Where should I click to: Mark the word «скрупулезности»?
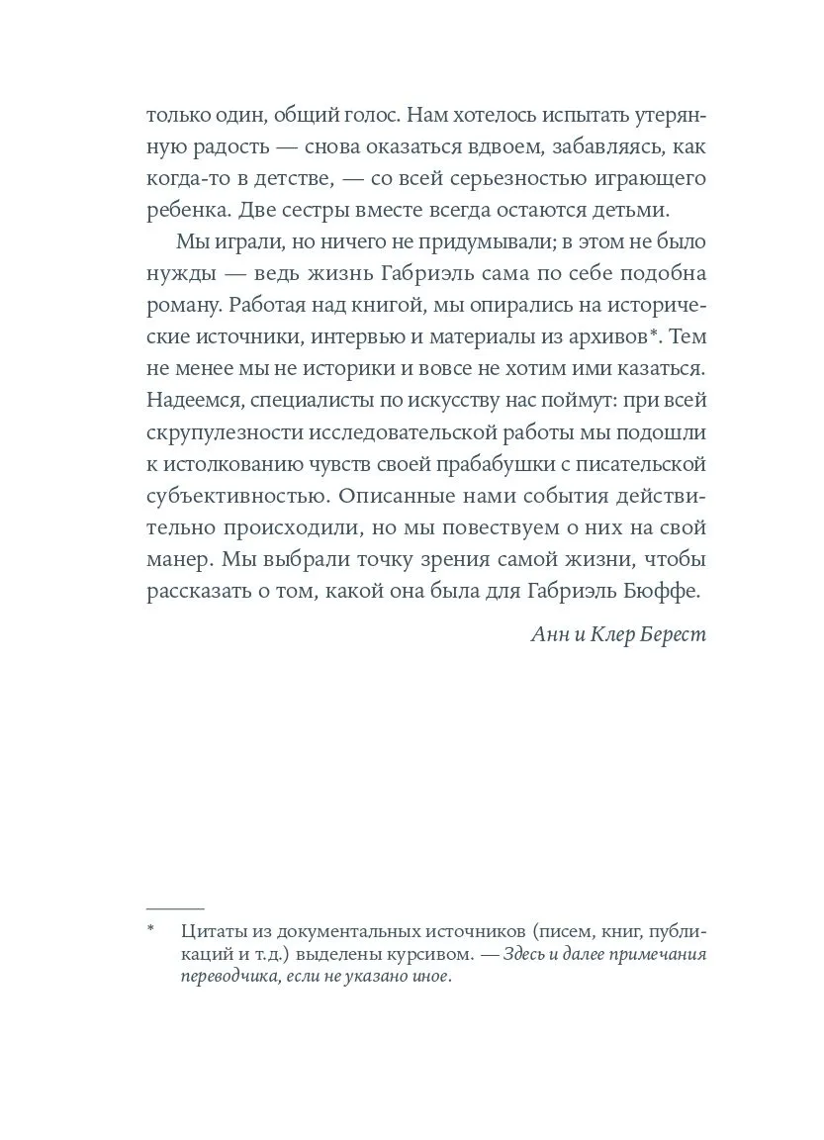click(x=223, y=432)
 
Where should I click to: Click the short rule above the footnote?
click(x=175, y=906)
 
